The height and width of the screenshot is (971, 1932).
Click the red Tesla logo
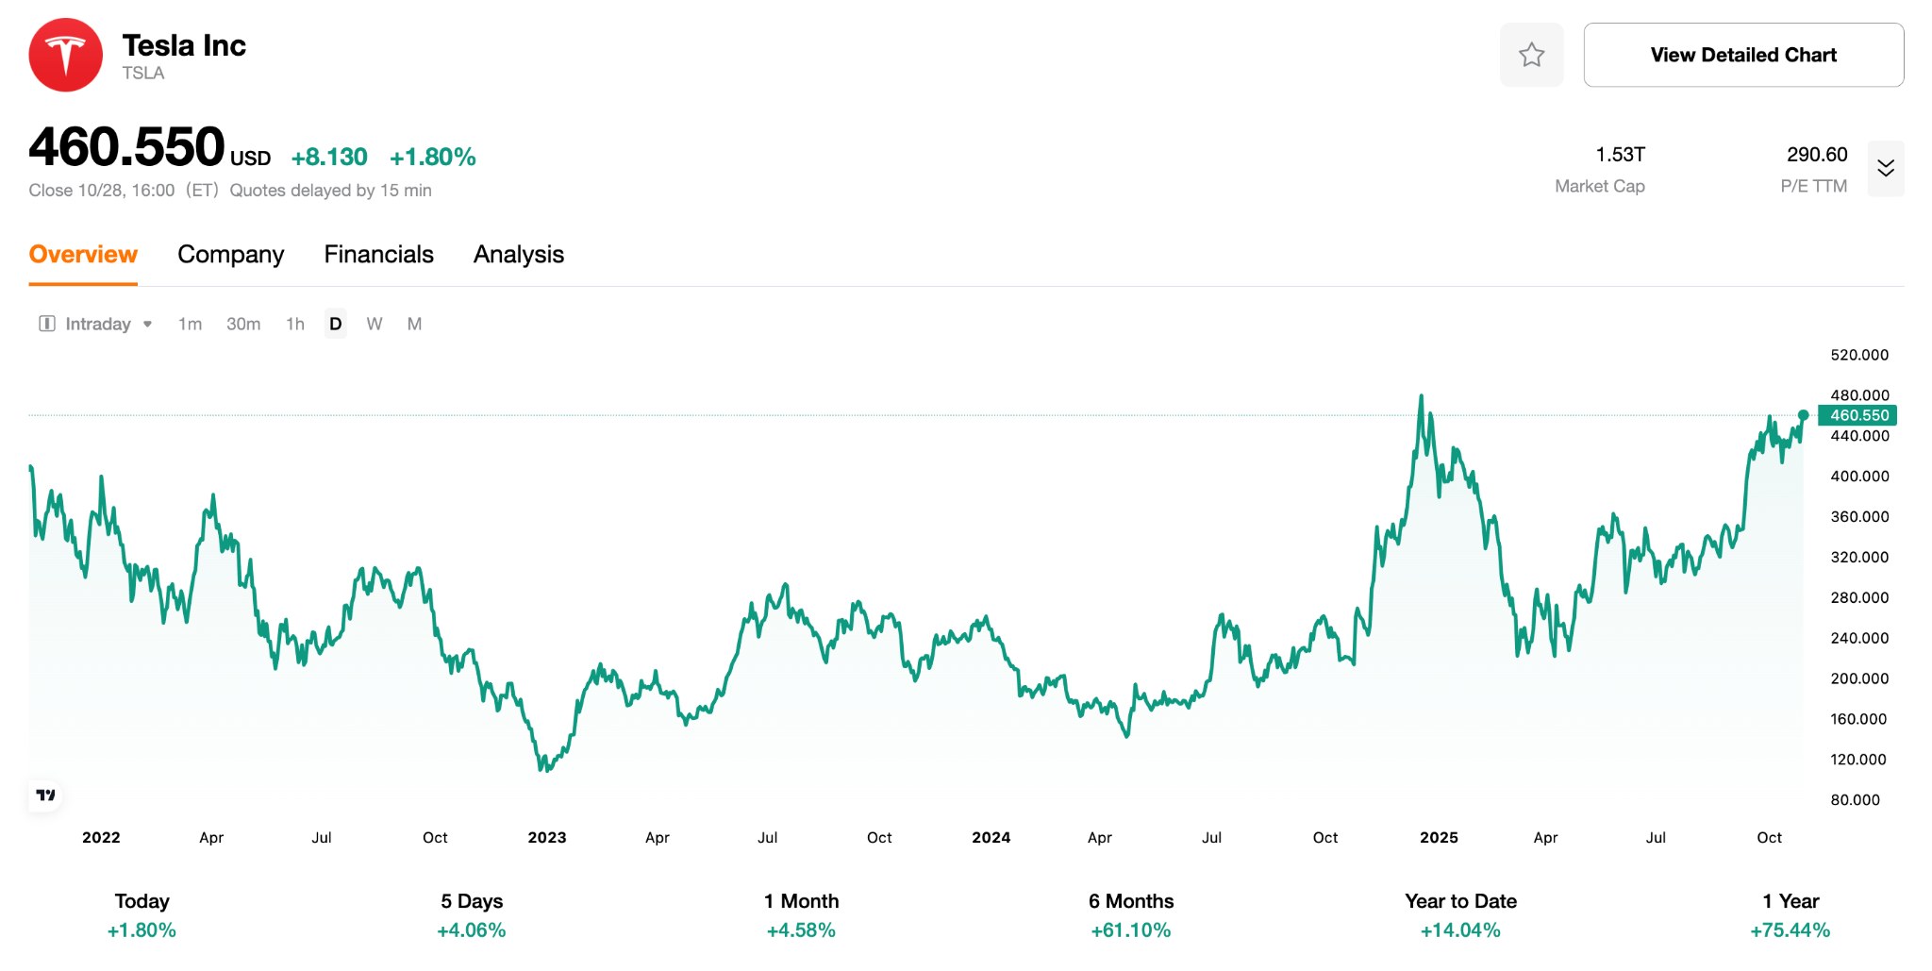65,55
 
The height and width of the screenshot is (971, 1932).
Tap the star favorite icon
1531,55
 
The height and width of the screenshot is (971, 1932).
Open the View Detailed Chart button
1742,55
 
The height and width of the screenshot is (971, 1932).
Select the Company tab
230,255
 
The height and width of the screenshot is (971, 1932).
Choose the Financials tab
378,255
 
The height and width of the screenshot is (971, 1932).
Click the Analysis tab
518,255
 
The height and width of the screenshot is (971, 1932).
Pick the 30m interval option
243,324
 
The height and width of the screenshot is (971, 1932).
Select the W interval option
375,324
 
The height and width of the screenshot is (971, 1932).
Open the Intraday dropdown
96,324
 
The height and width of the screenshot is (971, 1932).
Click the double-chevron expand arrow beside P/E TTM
1885,168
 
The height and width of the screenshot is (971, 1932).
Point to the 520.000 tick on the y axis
1858,355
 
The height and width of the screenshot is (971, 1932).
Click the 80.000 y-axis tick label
1855,799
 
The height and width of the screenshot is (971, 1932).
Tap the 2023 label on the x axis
546,837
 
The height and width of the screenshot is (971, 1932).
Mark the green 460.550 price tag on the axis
1857,415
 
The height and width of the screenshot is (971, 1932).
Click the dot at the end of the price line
1803,415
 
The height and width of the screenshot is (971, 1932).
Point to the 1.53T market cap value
1620,155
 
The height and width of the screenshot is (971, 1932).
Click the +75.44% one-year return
1790,930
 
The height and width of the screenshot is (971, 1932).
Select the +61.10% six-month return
1130,930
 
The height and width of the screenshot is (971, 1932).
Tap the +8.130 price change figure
329,157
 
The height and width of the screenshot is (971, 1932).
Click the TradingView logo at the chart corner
45,795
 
